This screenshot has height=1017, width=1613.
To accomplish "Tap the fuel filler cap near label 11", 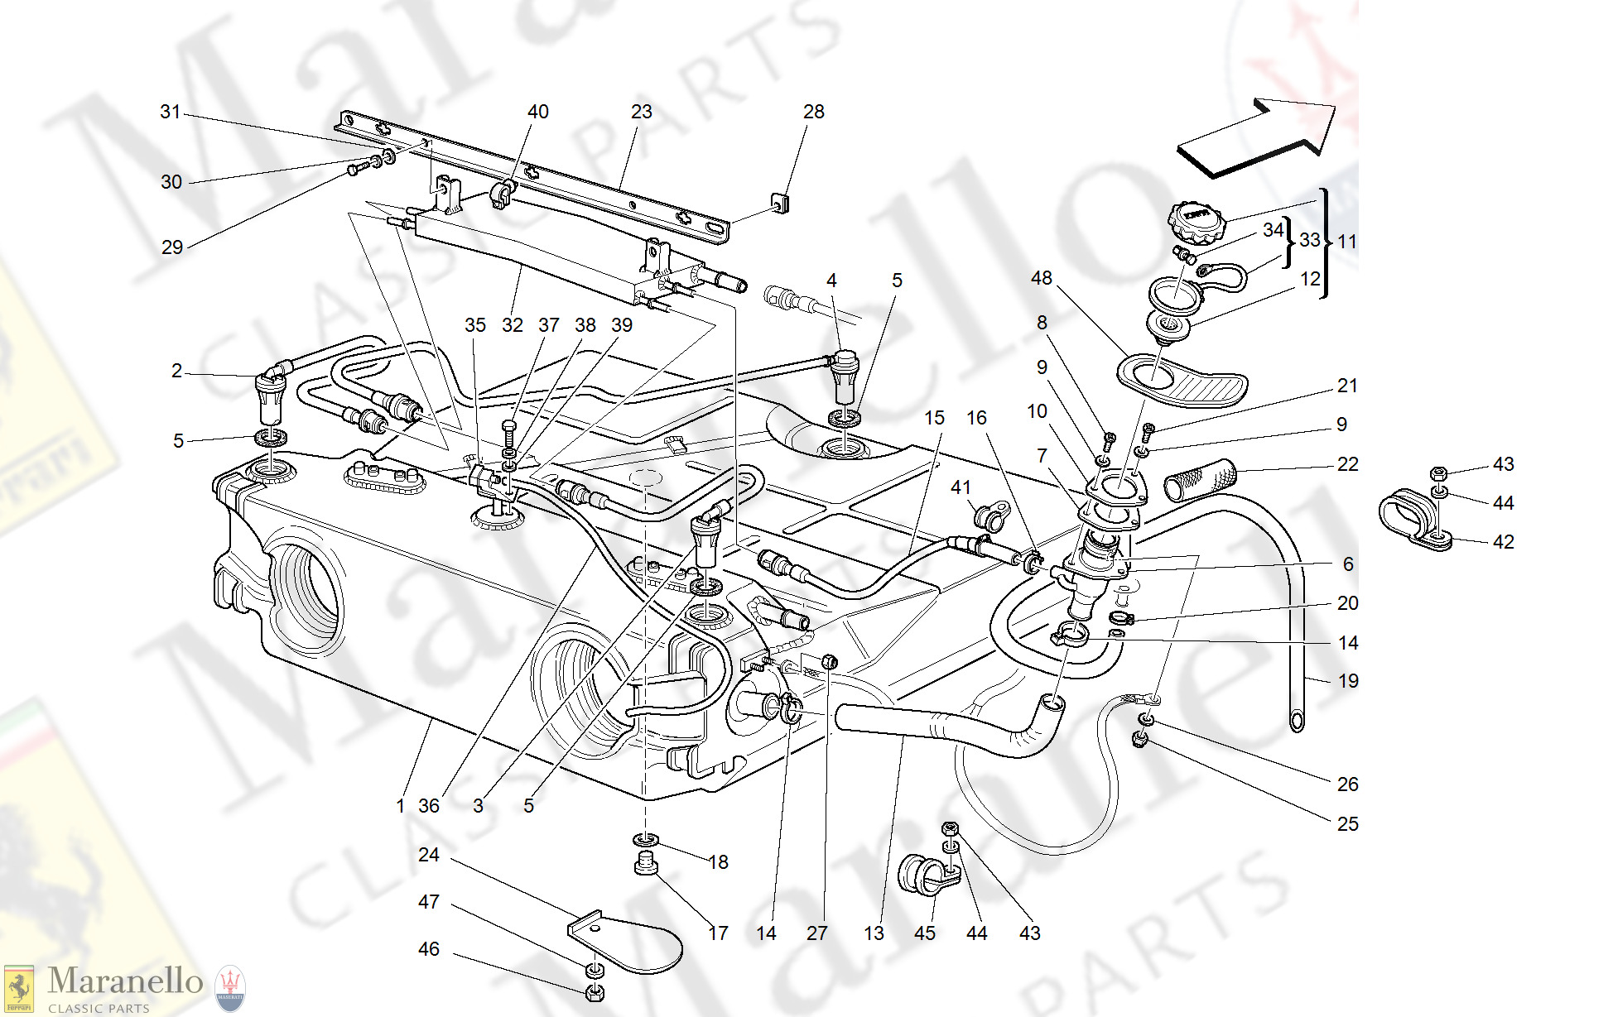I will pyautogui.click(x=1196, y=220).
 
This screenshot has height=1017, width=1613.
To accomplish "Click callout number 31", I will pyautogui.click(x=170, y=112).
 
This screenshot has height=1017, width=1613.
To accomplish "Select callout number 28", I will pyautogui.click(x=813, y=112).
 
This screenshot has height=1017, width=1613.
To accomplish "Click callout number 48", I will pyautogui.click(x=1041, y=278).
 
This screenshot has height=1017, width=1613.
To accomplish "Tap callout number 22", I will pyautogui.click(x=1347, y=464).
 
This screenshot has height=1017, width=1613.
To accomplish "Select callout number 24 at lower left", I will pyautogui.click(x=428, y=855).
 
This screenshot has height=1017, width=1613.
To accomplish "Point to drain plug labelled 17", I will pyautogui.click(x=646, y=863).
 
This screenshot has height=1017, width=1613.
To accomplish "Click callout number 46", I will pyautogui.click(x=428, y=949).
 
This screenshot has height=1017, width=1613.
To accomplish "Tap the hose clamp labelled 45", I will pyautogui.click(x=922, y=875).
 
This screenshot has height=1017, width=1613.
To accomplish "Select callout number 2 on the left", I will pyautogui.click(x=176, y=371).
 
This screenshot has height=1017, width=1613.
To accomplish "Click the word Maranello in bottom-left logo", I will pyautogui.click(x=125, y=981).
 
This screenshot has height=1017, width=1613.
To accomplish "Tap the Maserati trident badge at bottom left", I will pyautogui.click(x=230, y=989).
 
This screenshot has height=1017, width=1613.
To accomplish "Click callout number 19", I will pyautogui.click(x=1348, y=681).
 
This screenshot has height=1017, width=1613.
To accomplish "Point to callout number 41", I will pyautogui.click(x=960, y=487).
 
